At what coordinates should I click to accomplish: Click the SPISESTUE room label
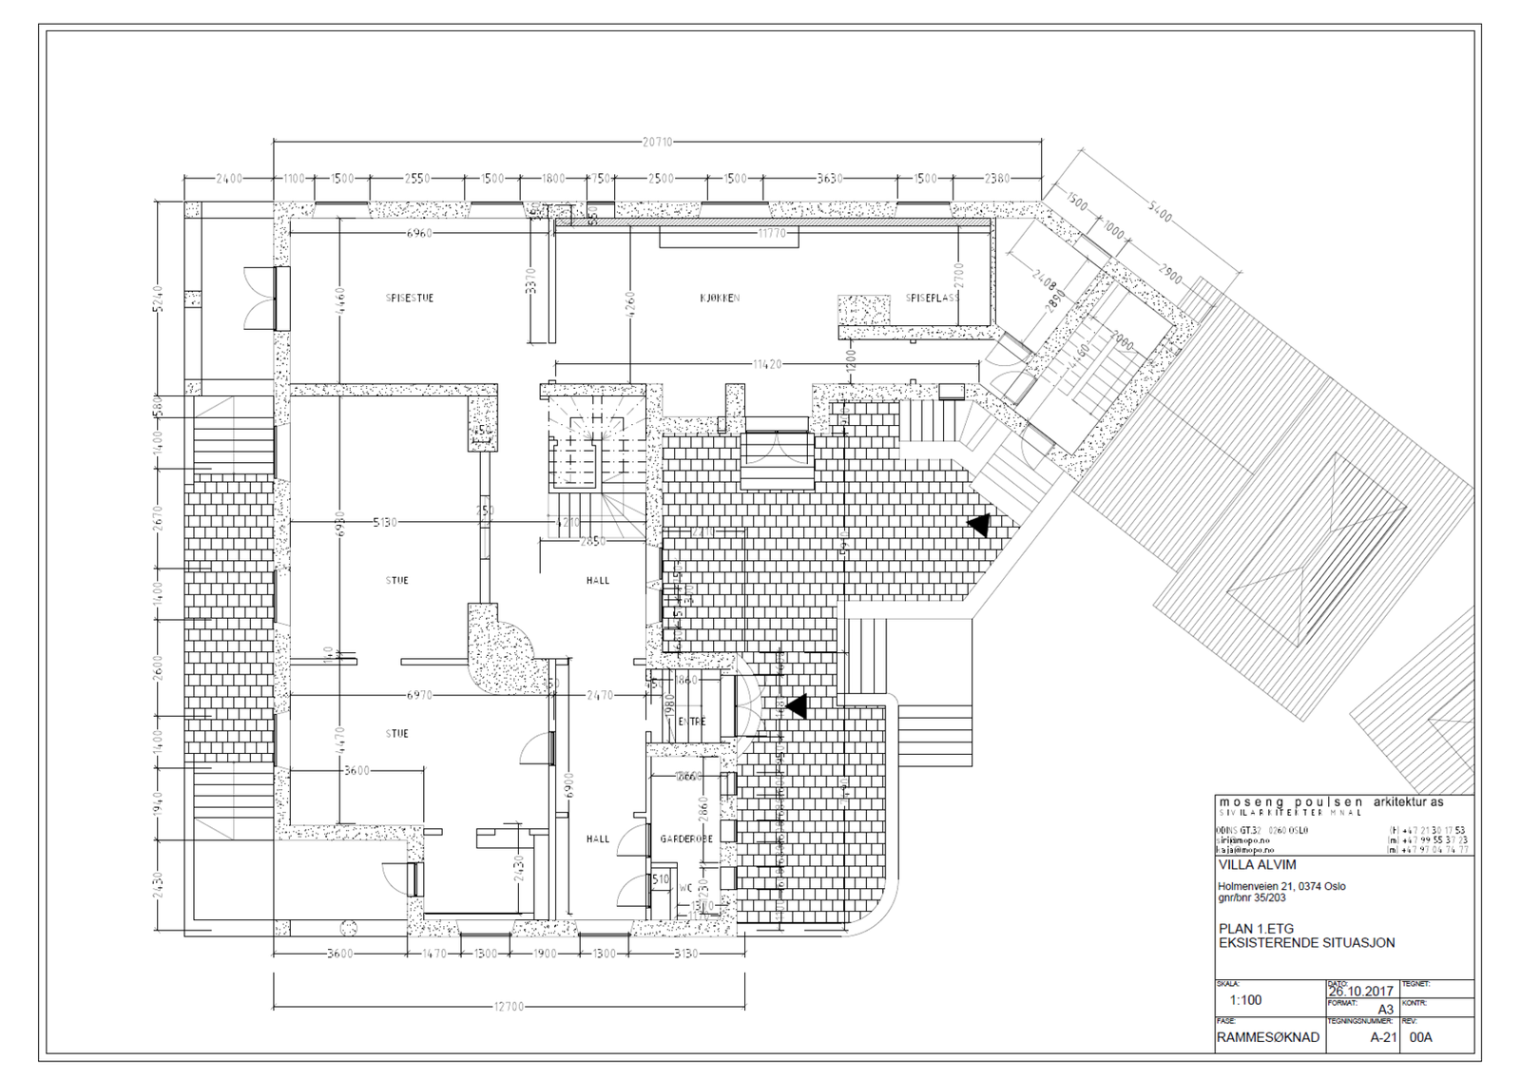click(410, 299)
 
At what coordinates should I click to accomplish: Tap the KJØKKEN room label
click(720, 299)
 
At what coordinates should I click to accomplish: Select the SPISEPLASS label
click(932, 299)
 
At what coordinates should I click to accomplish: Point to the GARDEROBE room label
click(686, 839)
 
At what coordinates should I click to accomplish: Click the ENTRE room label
click(692, 722)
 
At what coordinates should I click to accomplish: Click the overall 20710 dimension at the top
click(657, 143)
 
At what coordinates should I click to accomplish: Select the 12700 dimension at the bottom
click(509, 1007)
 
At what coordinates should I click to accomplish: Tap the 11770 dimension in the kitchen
click(772, 233)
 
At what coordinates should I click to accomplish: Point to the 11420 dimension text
click(767, 364)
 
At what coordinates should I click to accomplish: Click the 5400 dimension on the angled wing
click(1159, 215)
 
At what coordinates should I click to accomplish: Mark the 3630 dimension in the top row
click(830, 179)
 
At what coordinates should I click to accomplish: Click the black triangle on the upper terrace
click(979, 524)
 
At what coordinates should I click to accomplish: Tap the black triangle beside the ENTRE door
click(796, 706)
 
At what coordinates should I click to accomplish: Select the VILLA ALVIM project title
click(1257, 865)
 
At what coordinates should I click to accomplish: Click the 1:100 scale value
click(1245, 1000)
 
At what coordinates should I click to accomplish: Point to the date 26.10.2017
click(1360, 991)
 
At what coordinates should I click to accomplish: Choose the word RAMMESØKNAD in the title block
click(1268, 1037)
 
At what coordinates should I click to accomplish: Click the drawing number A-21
click(1383, 1037)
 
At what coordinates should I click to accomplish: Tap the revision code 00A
click(1420, 1037)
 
